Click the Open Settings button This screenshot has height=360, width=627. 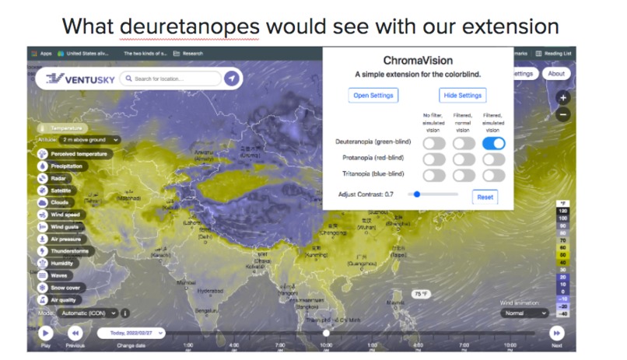[373, 95]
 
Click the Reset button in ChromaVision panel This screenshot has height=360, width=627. [485, 197]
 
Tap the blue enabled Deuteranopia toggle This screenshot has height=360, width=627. [494, 143]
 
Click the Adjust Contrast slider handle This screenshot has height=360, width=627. [417, 194]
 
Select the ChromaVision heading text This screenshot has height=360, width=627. [418, 60]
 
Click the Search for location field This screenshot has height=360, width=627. [174, 79]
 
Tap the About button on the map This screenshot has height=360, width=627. [555, 74]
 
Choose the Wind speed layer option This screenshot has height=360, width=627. [65, 215]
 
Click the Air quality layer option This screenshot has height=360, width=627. [65, 299]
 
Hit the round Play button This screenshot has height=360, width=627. [45, 333]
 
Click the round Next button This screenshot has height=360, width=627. [556, 333]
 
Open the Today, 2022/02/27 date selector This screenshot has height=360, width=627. [131, 333]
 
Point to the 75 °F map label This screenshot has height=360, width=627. [421, 294]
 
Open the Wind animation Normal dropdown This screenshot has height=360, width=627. [525, 313]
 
